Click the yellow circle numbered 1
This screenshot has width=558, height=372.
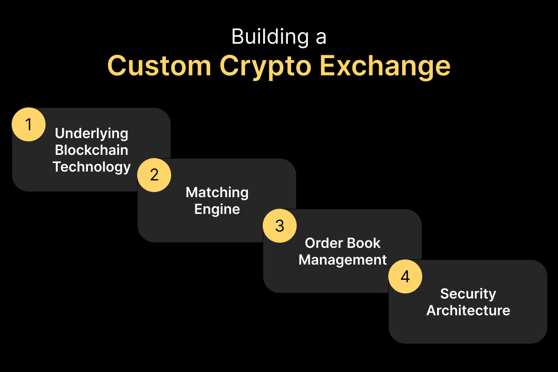pos(28,124)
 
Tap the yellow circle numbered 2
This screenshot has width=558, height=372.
pos(154,175)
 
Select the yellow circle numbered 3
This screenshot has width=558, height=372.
pos(279,226)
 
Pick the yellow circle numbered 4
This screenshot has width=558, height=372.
pos(405,276)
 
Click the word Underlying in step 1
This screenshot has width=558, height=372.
pos(92,134)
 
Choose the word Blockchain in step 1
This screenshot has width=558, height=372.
pos(92,150)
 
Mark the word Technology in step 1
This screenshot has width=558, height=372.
pos(92,167)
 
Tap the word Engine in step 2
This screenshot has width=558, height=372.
pos(217,209)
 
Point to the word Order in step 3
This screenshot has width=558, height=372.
pos(322,243)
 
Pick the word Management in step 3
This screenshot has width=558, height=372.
pos(343,259)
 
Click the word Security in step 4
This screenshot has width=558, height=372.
pos(468,294)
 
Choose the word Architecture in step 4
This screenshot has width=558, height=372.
pos(468,310)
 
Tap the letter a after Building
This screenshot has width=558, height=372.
pos(320,38)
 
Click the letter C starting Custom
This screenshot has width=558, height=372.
pos(118,66)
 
